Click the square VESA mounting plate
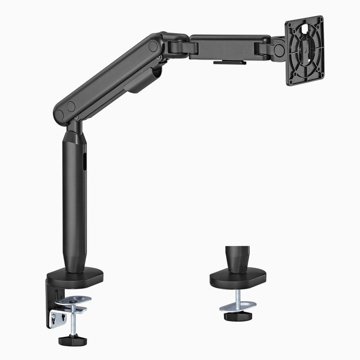click(x=305, y=50)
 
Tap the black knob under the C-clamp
click(x=72, y=340)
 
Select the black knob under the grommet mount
click(x=239, y=316)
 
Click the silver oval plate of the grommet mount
click(x=238, y=305)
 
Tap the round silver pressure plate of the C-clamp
click(x=74, y=300)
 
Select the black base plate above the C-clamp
click(x=76, y=276)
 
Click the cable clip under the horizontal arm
click(x=230, y=62)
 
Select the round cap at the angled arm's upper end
click(x=153, y=46)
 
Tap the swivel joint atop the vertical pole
click(x=74, y=127)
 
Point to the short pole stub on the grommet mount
click(x=239, y=259)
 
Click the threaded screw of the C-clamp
click(x=72, y=322)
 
